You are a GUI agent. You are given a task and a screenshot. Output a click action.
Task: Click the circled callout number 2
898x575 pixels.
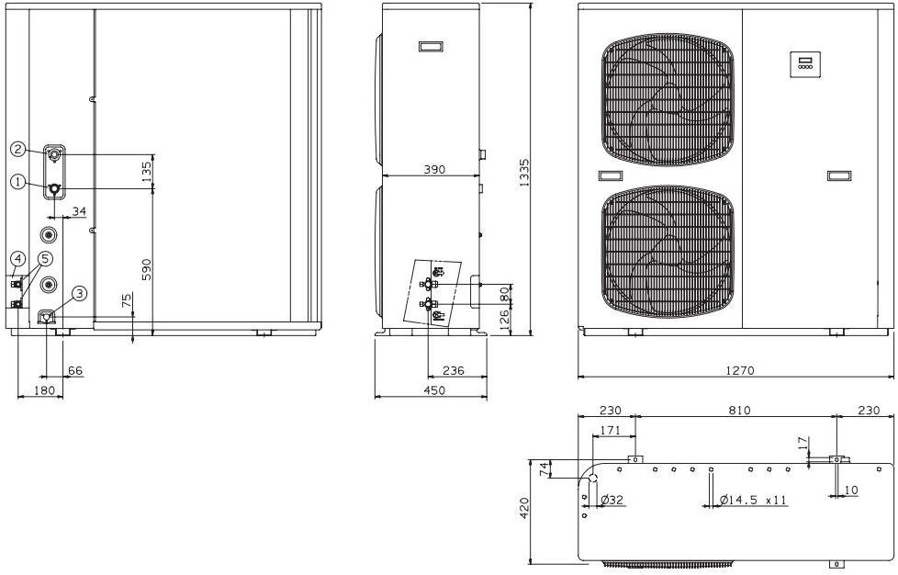[x=17, y=150]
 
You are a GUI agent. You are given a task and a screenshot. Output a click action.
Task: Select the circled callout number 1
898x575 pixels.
[x=17, y=182]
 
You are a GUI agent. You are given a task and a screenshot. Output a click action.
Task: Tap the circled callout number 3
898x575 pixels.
[x=79, y=294]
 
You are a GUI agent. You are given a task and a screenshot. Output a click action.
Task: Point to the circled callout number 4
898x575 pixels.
[x=17, y=259]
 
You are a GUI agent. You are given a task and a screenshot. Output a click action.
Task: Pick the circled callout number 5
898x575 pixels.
[x=46, y=259]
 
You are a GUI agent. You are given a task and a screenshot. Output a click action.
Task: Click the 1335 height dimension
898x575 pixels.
[x=524, y=173]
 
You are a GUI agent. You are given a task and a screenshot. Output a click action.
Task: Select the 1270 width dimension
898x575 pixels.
[x=740, y=370]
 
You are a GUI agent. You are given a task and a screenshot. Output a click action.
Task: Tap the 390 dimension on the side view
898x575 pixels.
[x=434, y=170]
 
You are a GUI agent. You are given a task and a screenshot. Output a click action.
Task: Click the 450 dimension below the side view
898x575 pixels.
[x=434, y=390]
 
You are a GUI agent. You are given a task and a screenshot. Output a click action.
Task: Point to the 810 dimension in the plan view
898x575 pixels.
[x=739, y=410]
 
